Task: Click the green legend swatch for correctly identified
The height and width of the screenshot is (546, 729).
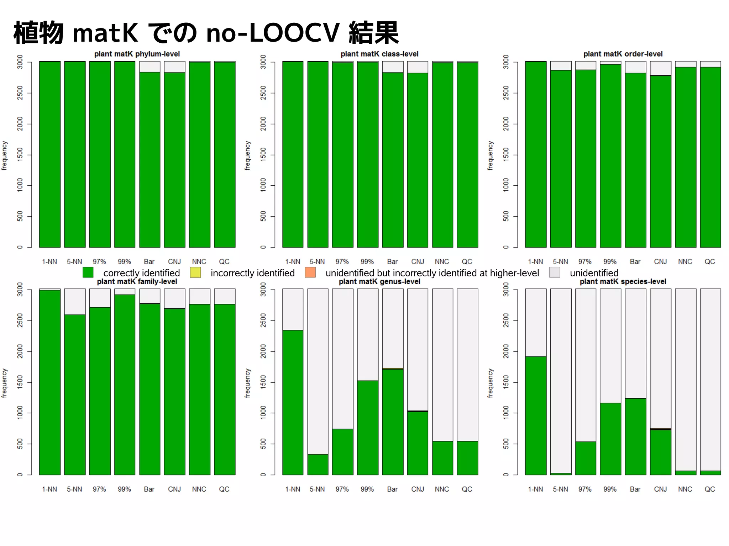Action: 88,272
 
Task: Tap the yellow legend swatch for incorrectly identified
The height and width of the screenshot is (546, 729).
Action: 195,272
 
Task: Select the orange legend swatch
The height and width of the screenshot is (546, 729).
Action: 310,272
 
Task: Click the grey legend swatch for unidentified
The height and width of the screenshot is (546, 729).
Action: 555,272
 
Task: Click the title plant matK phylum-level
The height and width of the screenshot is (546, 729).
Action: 137,54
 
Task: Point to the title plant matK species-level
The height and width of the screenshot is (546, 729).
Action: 623,282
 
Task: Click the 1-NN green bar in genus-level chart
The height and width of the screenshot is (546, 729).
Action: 293,402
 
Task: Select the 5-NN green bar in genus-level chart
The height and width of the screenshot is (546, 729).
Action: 318,464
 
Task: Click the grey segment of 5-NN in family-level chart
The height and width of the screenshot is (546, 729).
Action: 75,302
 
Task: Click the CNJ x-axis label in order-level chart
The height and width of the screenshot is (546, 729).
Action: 660,262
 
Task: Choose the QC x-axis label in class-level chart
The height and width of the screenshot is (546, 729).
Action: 467,262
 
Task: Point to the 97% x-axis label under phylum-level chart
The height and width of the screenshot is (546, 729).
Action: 99,262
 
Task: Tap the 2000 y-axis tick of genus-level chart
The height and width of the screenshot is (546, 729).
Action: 263,351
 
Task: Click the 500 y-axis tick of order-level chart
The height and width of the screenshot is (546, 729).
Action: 506,216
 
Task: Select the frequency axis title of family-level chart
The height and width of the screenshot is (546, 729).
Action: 4,383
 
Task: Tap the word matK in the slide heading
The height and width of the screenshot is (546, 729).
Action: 105,33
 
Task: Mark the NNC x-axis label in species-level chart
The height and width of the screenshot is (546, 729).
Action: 685,489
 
